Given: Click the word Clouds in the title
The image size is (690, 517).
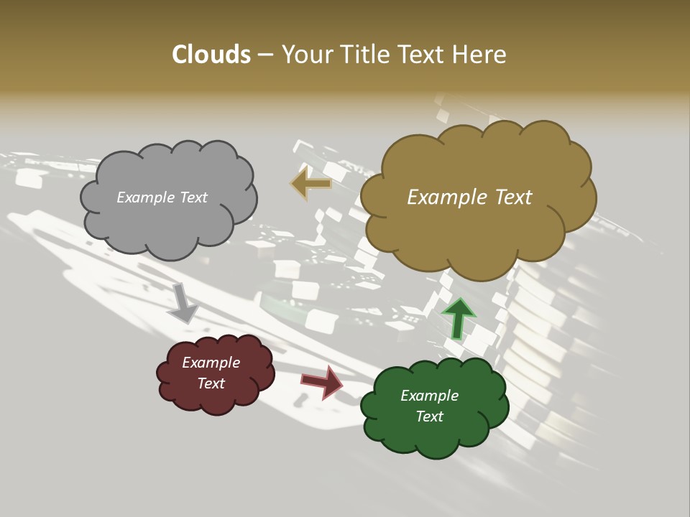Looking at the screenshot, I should tap(211, 55).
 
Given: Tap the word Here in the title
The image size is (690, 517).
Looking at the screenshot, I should tap(480, 55).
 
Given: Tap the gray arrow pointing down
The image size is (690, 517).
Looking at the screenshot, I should tap(183, 302).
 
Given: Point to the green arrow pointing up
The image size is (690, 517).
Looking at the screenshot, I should tap(458, 317).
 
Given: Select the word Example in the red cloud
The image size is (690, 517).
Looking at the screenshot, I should tap(211, 363).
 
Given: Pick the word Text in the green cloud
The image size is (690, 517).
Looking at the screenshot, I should tap(429, 416).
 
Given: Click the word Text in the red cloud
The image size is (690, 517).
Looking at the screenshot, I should tap(211, 383).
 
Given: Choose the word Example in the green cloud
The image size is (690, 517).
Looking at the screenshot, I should tap(429, 396).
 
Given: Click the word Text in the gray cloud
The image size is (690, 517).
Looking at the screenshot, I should tap(193, 197).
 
